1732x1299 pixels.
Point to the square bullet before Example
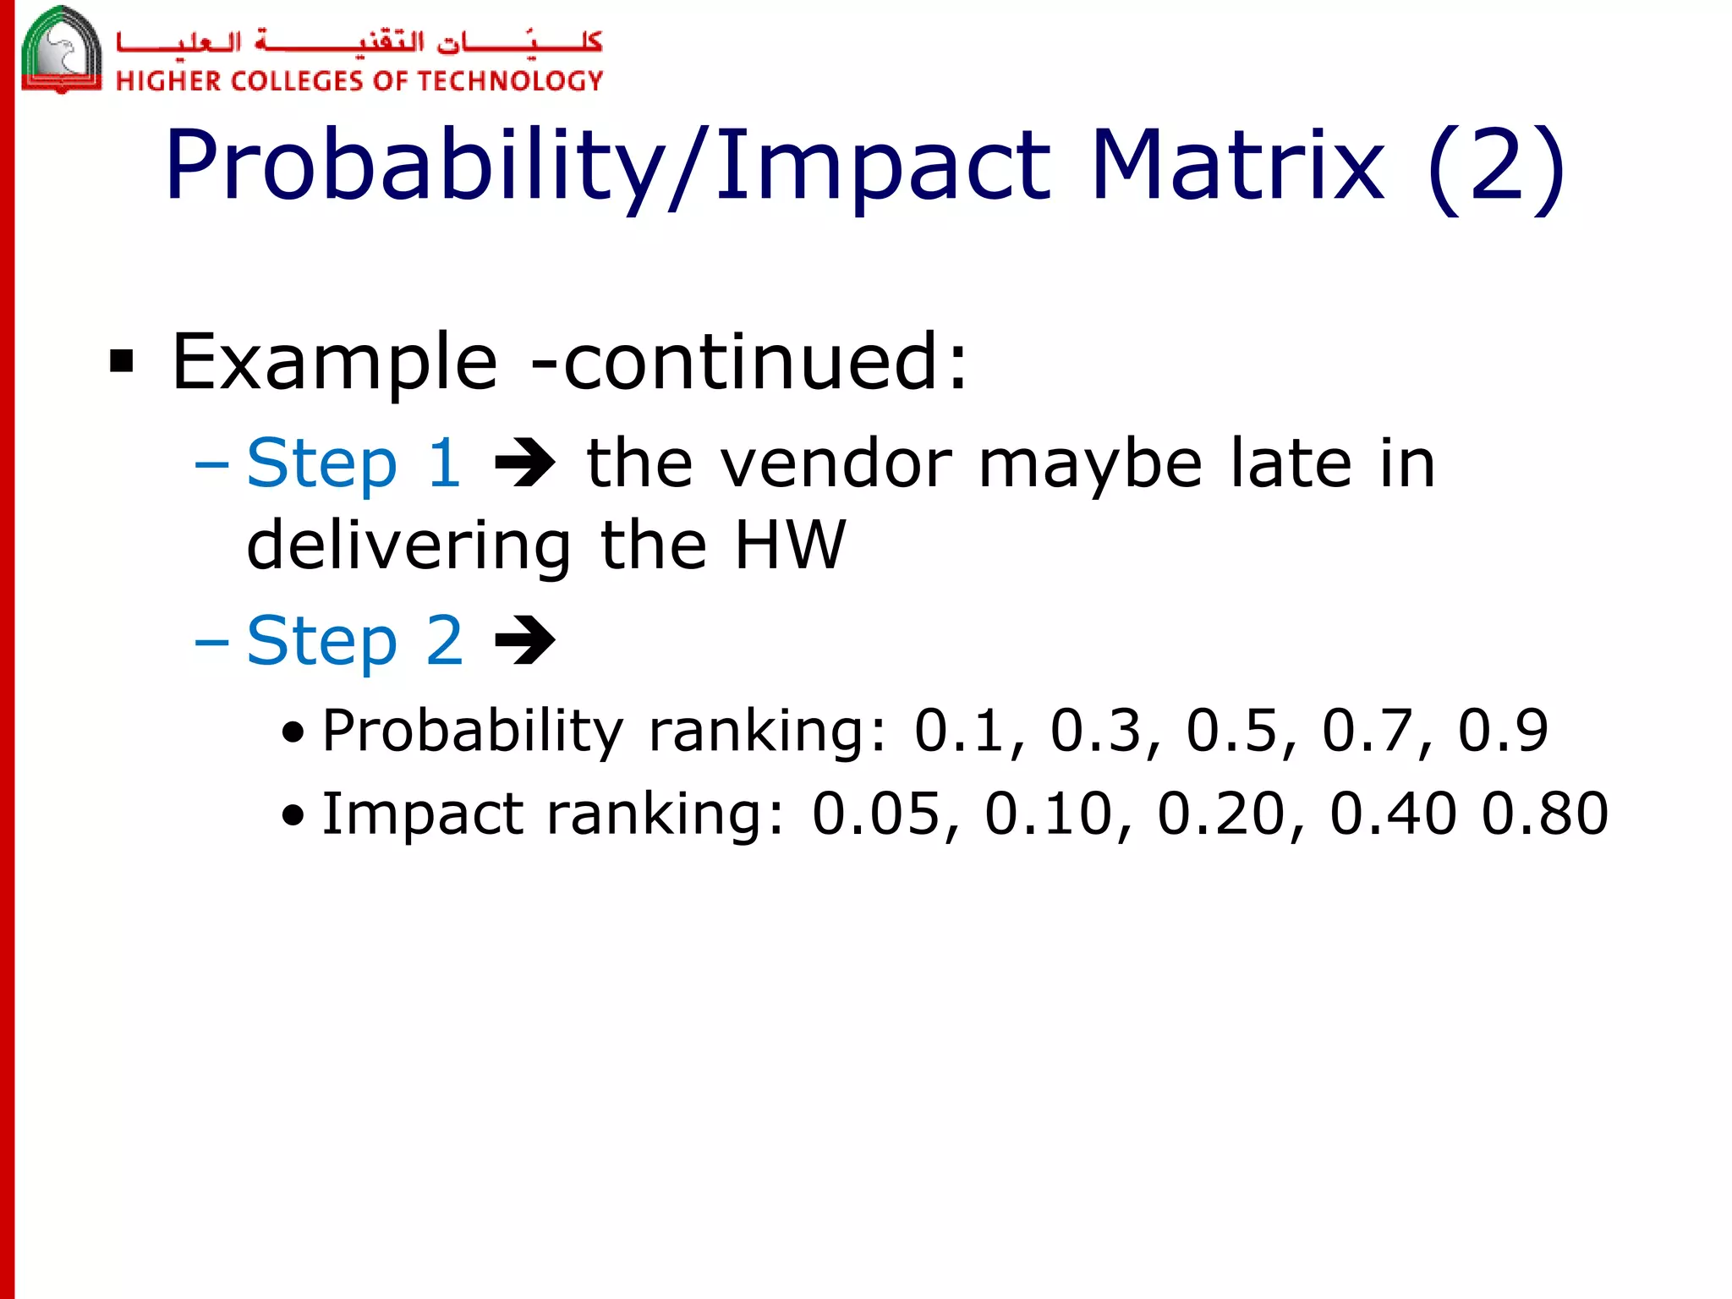[122, 362]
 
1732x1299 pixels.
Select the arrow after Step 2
[524, 641]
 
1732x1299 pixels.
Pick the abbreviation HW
[790, 545]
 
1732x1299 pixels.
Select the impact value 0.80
[1544, 814]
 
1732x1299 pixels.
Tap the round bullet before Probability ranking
[293, 732]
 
